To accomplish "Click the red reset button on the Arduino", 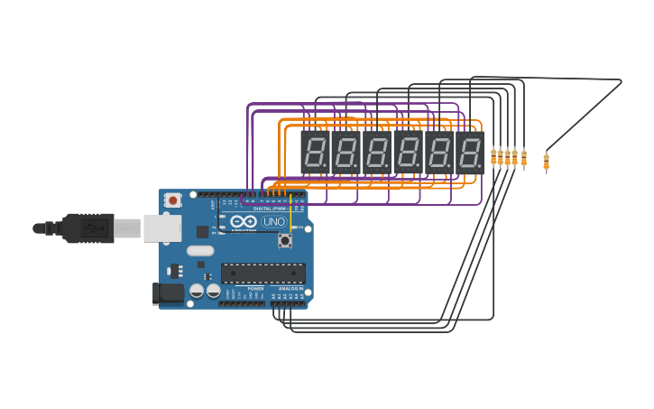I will (172, 199).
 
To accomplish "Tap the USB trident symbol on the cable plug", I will (93, 228).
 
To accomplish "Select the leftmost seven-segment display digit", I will (315, 153).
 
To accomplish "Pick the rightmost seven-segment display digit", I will (469, 153).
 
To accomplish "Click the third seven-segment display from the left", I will (376, 153).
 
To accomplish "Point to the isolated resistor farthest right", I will (546, 162).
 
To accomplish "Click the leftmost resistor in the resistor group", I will (493, 157).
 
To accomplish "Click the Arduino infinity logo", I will (243, 221).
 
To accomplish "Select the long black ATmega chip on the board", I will (263, 273).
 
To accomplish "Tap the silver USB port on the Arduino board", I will (162, 228).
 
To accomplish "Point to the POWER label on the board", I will (255, 289).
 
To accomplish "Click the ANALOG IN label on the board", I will (290, 289).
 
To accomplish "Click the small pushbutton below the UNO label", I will (285, 240).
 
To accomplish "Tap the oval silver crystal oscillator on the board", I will (200, 251).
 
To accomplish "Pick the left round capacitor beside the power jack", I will (197, 291).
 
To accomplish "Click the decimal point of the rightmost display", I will (482, 169).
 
